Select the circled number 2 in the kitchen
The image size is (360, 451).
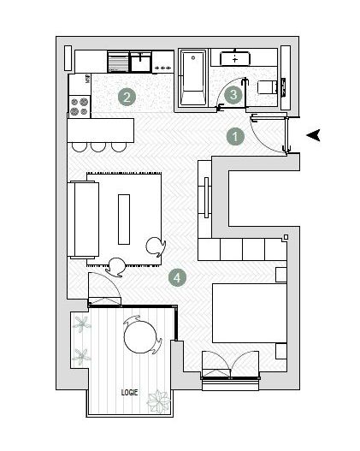point(126,96)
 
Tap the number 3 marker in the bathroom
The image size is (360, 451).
point(233,94)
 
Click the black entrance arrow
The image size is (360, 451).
point(314,134)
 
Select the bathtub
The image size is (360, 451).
point(192,79)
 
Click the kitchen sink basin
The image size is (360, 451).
point(139,62)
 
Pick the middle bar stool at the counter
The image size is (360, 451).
point(98,146)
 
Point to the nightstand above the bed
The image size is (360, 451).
point(280,274)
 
